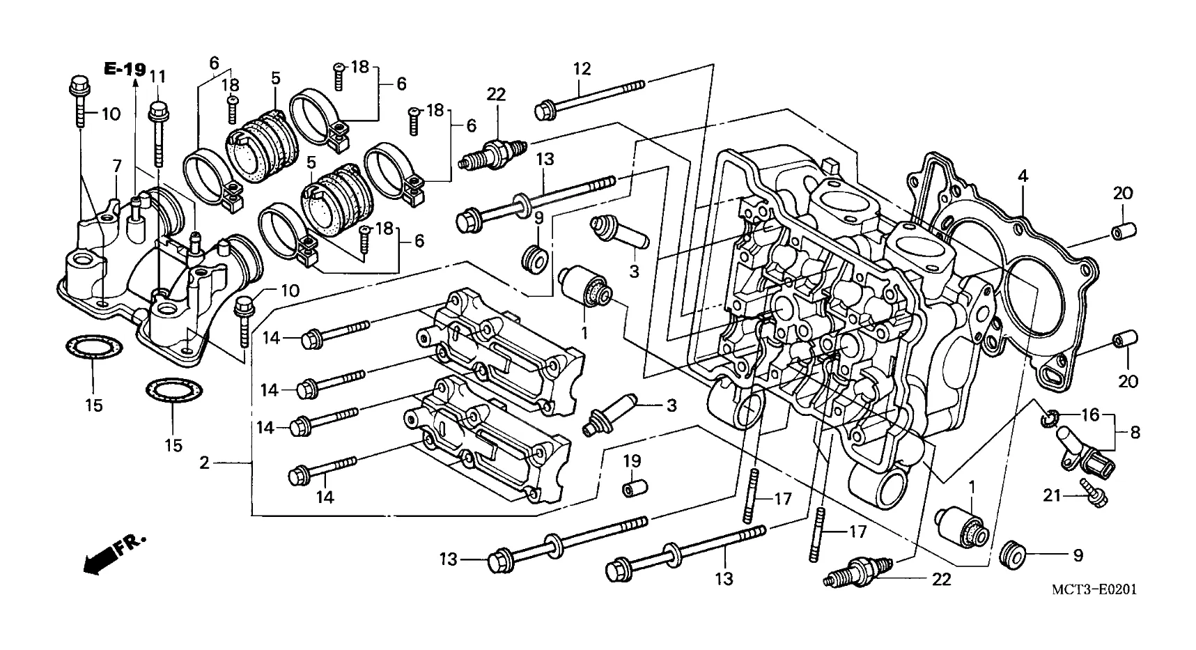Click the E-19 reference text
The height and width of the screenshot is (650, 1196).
[x=125, y=69]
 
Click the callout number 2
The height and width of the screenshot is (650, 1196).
[x=203, y=463]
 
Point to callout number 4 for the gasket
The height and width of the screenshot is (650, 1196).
[x=1022, y=177]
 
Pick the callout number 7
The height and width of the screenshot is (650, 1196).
[x=117, y=166]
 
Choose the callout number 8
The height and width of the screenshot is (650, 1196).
[x=1135, y=433]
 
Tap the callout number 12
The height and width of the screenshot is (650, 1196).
[x=582, y=69]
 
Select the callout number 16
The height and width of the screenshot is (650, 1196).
[x=1090, y=415]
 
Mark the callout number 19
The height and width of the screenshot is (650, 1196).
[x=632, y=461]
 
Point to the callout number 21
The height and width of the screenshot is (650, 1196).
[x=1052, y=495]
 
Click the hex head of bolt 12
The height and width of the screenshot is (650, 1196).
[x=545, y=109]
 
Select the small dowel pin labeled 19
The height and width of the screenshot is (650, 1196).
[x=632, y=488]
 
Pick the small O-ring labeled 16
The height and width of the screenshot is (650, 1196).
[x=1050, y=419]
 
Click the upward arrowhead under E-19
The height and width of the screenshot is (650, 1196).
[x=134, y=84]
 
